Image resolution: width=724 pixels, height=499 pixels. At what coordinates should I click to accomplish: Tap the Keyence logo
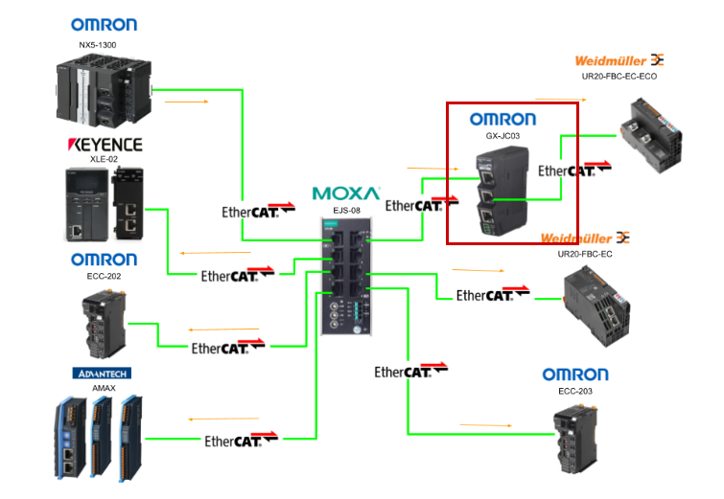coord(105,145)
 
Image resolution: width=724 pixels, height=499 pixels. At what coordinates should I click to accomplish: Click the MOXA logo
coord(345,193)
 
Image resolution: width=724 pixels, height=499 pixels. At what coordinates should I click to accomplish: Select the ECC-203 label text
coord(575,391)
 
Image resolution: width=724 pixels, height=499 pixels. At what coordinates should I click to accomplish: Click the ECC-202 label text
coord(104,276)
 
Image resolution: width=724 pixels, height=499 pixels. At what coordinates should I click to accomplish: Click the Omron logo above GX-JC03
coord(502,120)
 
